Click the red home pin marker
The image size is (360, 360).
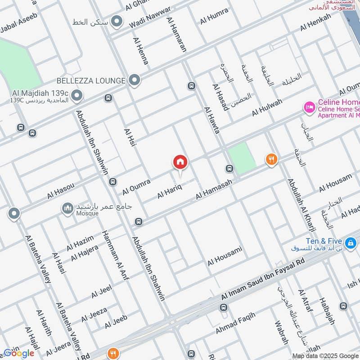coord(180,162)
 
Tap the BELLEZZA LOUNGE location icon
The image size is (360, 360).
coord(134,81)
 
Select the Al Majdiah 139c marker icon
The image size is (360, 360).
coord(77,95)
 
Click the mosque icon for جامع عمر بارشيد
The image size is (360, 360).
coord(67,208)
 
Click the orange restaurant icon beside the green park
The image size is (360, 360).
coord(271,159)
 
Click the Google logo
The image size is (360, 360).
coord(19,353)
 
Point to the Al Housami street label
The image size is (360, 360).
coord(225,255)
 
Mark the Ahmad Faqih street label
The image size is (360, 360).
coord(235,323)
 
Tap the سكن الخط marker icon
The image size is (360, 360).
coord(117,21)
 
